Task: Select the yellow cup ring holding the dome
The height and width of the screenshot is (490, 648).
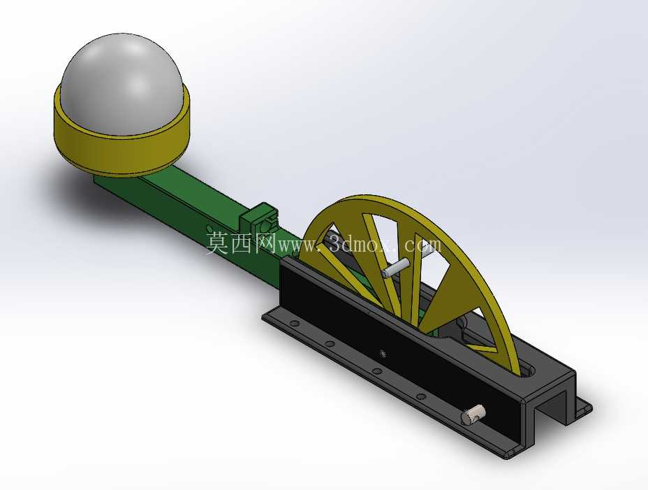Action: (121, 151)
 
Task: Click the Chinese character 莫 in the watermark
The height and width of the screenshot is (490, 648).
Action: (217, 243)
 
